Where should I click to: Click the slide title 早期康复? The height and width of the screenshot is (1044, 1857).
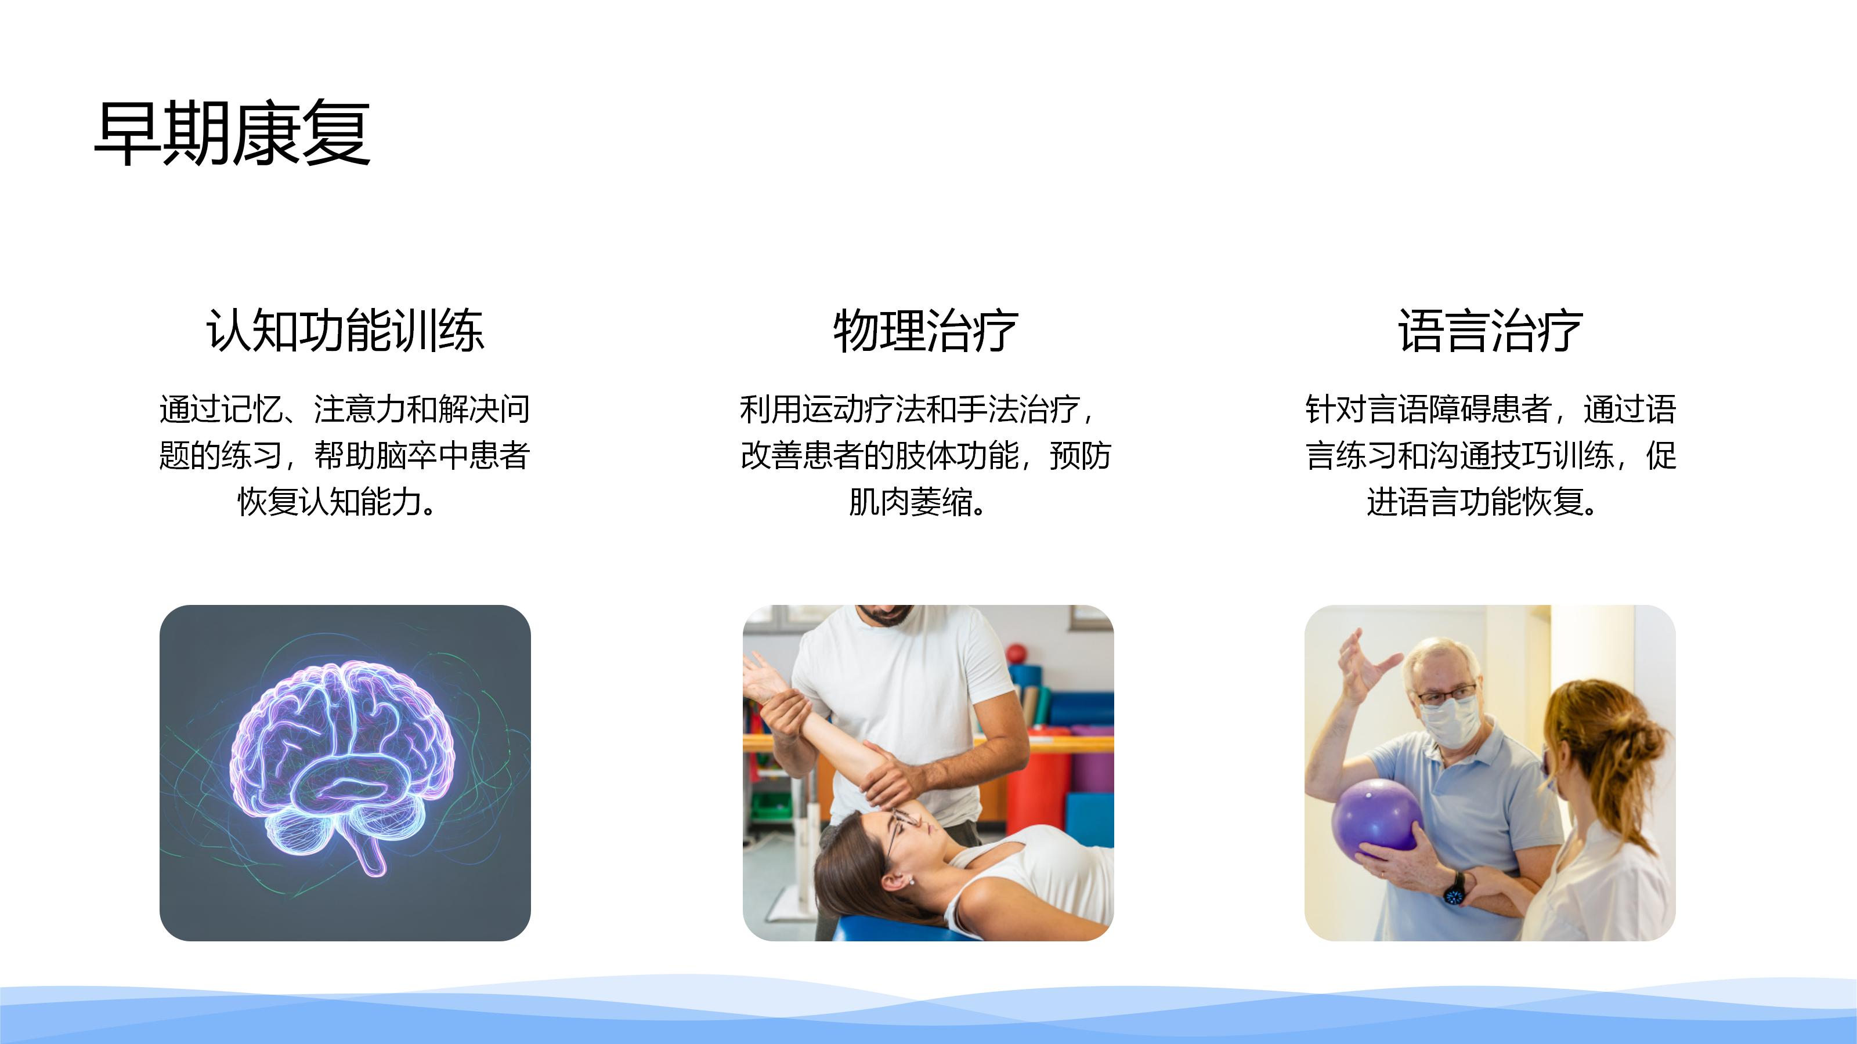232,133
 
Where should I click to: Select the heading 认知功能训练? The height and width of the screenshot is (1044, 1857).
345,331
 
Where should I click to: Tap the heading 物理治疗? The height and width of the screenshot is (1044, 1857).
926,331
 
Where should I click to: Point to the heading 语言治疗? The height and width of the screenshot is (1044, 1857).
1490,331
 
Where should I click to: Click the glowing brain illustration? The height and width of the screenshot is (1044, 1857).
343,764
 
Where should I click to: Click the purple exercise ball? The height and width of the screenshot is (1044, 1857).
1378,821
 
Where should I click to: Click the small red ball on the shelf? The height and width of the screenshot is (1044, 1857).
1017,654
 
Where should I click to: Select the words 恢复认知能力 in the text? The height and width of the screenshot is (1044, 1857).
330,502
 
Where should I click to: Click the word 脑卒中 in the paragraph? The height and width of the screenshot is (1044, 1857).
422,455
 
